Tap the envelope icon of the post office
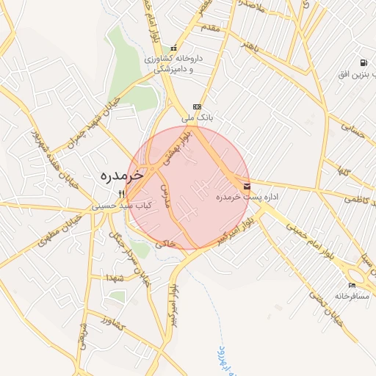[x=246, y=187]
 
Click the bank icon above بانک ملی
[x=196, y=106]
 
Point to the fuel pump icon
[x=364, y=63]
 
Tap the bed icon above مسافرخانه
[x=352, y=285]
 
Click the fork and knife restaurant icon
[x=122, y=194]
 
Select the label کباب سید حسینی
[x=123, y=207]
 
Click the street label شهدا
[x=115, y=276]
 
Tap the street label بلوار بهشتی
[x=179, y=147]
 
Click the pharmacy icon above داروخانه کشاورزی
[x=174, y=48]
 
